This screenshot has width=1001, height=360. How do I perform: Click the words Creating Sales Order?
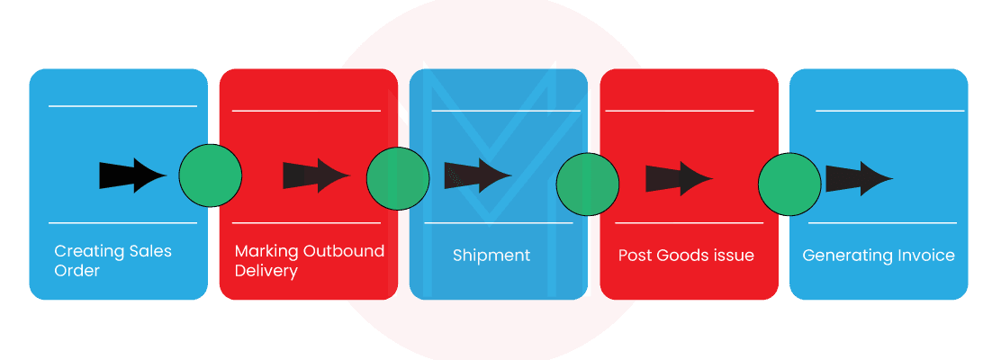pos(113,260)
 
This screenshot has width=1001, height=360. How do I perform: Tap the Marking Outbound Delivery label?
pos(309,260)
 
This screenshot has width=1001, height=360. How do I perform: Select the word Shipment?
pos(491,256)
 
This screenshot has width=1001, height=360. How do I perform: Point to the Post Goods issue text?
pos(686,256)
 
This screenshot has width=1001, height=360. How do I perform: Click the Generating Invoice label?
pos(878,256)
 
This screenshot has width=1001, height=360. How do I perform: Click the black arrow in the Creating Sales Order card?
pos(132,175)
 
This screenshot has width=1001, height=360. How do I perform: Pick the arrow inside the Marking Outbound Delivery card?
pos(316,175)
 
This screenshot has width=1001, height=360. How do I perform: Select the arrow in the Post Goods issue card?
pos(679,177)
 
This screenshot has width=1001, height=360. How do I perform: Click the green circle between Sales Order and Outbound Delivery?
pos(211,175)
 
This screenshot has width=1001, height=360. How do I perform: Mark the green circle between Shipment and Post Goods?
pos(587,184)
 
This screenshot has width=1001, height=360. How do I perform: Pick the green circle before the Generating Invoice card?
pos(789,184)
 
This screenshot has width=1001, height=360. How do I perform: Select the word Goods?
pos(680,256)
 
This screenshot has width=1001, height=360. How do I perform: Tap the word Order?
pos(77,271)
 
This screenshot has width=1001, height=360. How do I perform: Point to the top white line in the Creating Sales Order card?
pos(122,106)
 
